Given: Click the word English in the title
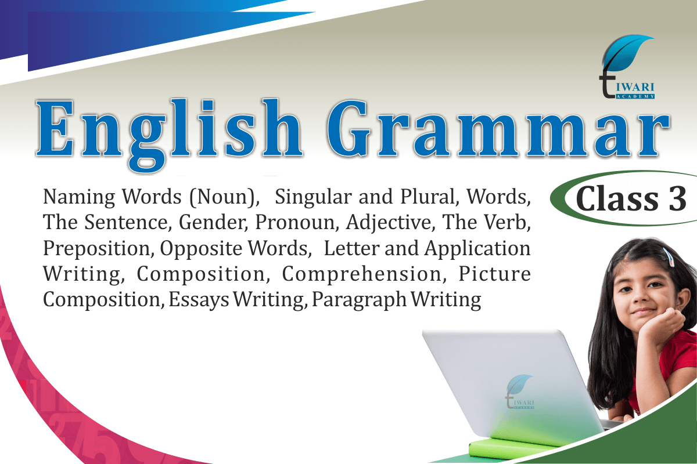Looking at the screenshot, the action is (x=170, y=134).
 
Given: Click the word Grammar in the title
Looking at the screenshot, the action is (x=498, y=128).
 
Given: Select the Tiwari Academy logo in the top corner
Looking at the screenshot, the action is (x=627, y=67).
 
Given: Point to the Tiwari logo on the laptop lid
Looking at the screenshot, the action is (x=520, y=391).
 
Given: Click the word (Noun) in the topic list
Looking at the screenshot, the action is (x=224, y=197).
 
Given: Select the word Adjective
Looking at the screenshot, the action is (x=390, y=223).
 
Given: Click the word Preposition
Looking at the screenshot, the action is (x=98, y=249).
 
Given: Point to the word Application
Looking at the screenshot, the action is (x=477, y=249).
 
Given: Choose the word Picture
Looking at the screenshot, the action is (x=494, y=274).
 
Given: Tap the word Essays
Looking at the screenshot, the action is (x=199, y=300).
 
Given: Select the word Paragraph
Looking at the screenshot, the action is (x=359, y=300).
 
